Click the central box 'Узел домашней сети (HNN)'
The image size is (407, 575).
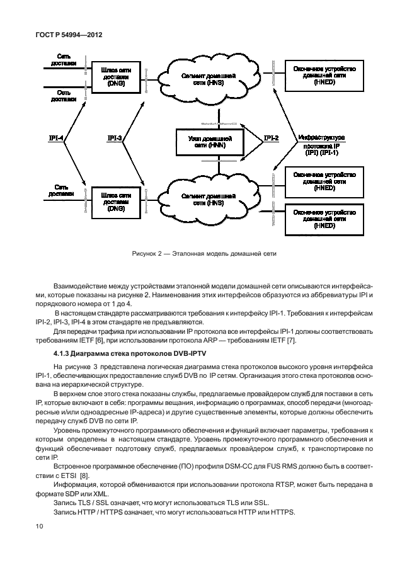coord(210,142)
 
